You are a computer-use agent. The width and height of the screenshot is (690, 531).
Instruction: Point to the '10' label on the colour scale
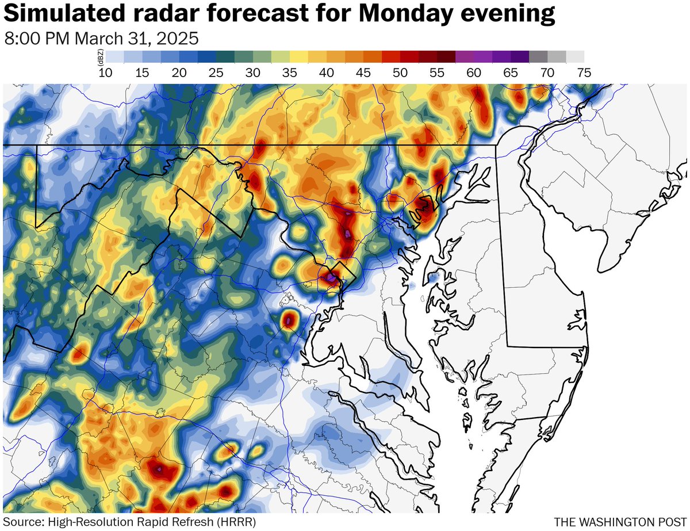[106, 72]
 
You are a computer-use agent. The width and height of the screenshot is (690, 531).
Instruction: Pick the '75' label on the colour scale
[584, 72]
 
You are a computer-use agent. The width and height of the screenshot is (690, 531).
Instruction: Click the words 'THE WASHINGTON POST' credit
[619, 521]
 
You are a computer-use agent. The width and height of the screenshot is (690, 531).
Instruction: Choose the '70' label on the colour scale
[547, 72]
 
